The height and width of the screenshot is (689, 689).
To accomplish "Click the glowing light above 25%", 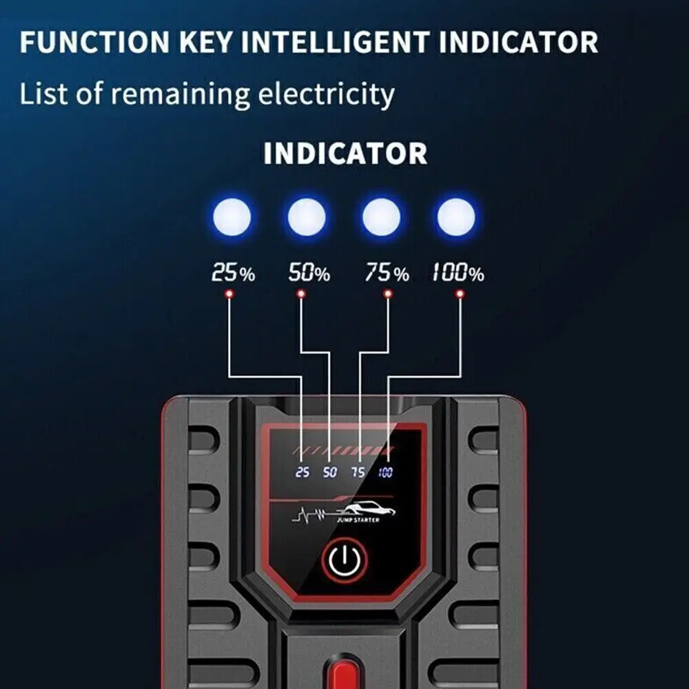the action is [x=232, y=218].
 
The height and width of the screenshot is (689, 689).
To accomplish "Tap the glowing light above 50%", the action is [x=307, y=218].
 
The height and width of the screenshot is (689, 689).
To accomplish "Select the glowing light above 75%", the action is [x=381, y=218].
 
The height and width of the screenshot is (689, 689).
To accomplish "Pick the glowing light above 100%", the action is [x=455, y=218].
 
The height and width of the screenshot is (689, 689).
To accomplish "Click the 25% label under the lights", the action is [x=233, y=274].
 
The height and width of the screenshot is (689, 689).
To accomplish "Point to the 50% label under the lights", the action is [x=309, y=274].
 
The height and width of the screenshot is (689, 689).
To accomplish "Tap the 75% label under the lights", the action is [x=386, y=274].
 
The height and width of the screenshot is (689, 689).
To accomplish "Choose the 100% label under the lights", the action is [x=458, y=274].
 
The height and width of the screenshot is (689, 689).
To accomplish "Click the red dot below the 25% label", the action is [x=228, y=294].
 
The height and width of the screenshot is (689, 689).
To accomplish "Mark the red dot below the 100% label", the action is [x=460, y=294].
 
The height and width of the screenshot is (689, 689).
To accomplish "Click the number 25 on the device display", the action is [x=302, y=473].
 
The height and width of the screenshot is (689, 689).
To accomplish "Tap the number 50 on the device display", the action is [x=330, y=473].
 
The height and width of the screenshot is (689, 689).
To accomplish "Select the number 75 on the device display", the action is [x=358, y=473].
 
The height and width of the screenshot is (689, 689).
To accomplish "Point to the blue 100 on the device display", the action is [x=385, y=473].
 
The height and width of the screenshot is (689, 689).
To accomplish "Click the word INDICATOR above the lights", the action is [x=345, y=154].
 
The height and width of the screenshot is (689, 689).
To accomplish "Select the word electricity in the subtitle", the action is [x=326, y=94].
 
